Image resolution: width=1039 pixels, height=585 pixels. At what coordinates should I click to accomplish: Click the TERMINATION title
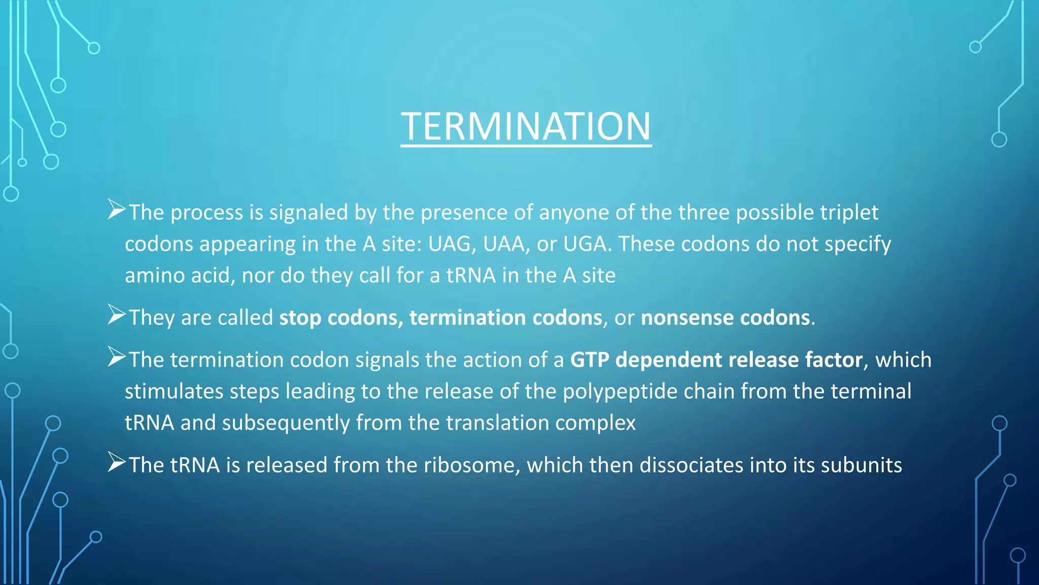526,126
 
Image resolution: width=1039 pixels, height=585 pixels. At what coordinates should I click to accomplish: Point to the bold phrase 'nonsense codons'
725,318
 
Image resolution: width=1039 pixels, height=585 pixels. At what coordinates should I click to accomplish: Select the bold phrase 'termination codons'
505,318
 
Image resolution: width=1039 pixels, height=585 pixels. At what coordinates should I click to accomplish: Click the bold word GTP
589,360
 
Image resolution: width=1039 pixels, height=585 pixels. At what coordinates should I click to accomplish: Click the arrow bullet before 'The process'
116,210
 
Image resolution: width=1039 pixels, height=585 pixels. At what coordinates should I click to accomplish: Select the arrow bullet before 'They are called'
116,315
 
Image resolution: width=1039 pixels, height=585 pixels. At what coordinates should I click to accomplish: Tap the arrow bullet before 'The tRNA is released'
116,463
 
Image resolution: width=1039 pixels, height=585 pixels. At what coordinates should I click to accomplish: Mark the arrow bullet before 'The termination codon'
116,357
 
